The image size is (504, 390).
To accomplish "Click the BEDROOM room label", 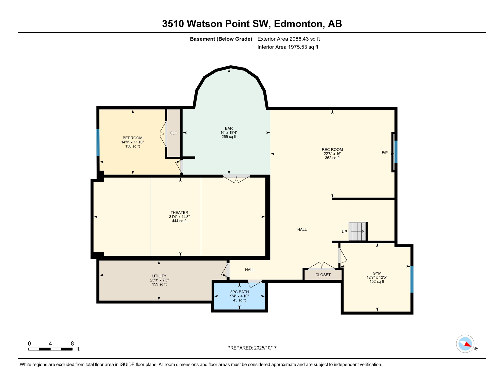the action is [133, 138].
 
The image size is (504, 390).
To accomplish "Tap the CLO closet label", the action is [174, 133].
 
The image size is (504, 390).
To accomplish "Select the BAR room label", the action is [229, 128].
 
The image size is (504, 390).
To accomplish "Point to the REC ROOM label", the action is [332, 150].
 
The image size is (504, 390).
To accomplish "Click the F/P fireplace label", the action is [385, 153].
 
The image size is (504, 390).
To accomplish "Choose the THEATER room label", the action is [179, 213].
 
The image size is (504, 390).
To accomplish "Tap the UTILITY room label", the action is [159, 276].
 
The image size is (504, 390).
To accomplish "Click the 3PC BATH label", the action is [239, 292].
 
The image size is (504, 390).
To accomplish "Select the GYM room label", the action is [377, 273].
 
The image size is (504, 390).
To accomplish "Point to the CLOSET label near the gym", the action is [323, 275].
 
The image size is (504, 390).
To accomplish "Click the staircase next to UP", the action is [357, 231].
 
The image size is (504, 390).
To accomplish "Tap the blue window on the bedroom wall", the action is [98, 142].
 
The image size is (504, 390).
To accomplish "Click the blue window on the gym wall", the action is [412, 279].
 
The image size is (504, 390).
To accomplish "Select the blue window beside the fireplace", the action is [396, 152].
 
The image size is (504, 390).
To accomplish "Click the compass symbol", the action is [465, 344].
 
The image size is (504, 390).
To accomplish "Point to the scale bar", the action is [50, 349].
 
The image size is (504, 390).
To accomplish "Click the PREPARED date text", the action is [252, 348].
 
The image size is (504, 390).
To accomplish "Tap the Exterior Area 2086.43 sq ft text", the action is [289, 39].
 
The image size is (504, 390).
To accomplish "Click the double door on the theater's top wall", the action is [236, 178].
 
